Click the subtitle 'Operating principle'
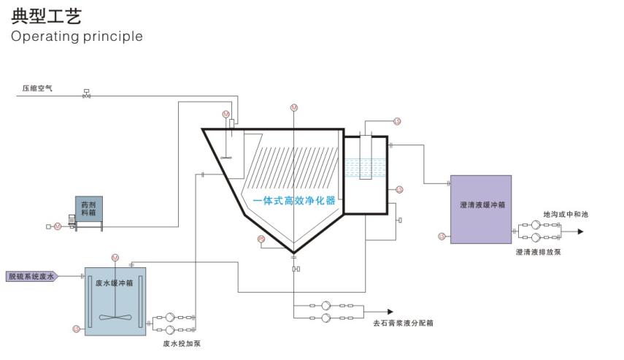click(x=77, y=36)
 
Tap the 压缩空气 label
click(x=37, y=88)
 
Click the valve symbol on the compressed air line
click(x=87, y=93)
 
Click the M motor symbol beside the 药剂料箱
click(x=57, y=227)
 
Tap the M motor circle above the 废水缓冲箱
click(x=115, y=257)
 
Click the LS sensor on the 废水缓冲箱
click(x=76, y=329)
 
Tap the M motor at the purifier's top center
click(x=294, y=107)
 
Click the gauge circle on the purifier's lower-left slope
click(x=261, y=240)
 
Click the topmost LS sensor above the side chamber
click(x=397, y=122)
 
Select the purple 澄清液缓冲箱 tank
click(x=480, y=208)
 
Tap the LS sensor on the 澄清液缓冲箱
click(x=442, y=236)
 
